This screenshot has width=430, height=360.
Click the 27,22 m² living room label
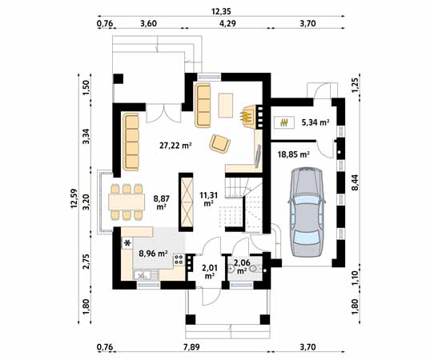pos(175,146)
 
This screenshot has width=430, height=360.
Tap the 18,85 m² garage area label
pos(294,154)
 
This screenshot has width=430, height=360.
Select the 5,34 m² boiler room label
pos(315,122)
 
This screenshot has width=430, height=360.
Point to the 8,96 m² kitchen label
pos(153,254)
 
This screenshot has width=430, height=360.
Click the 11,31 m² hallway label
pos(209,199)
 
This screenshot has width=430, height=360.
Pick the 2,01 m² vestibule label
pos(210,271)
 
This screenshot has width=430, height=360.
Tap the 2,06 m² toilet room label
pos(242,267)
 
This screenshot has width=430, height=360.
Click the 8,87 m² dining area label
pos(162,202)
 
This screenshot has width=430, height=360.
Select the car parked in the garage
pos(307,212)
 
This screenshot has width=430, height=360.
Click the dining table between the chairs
pos(127,202)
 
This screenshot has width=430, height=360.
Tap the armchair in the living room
pos(219,142)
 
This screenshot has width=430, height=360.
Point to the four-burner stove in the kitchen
pos(179,259)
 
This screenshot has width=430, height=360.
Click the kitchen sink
pos(142,274)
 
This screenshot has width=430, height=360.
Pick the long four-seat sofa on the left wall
pos(131,142)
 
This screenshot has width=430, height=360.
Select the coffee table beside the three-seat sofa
pos(226,106)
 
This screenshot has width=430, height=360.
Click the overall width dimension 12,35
pos(221,11)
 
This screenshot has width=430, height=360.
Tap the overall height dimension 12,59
pos(74,198)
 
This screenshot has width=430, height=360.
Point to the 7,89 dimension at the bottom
pos(191,347)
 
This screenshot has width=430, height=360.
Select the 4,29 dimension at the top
pos(227,23)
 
